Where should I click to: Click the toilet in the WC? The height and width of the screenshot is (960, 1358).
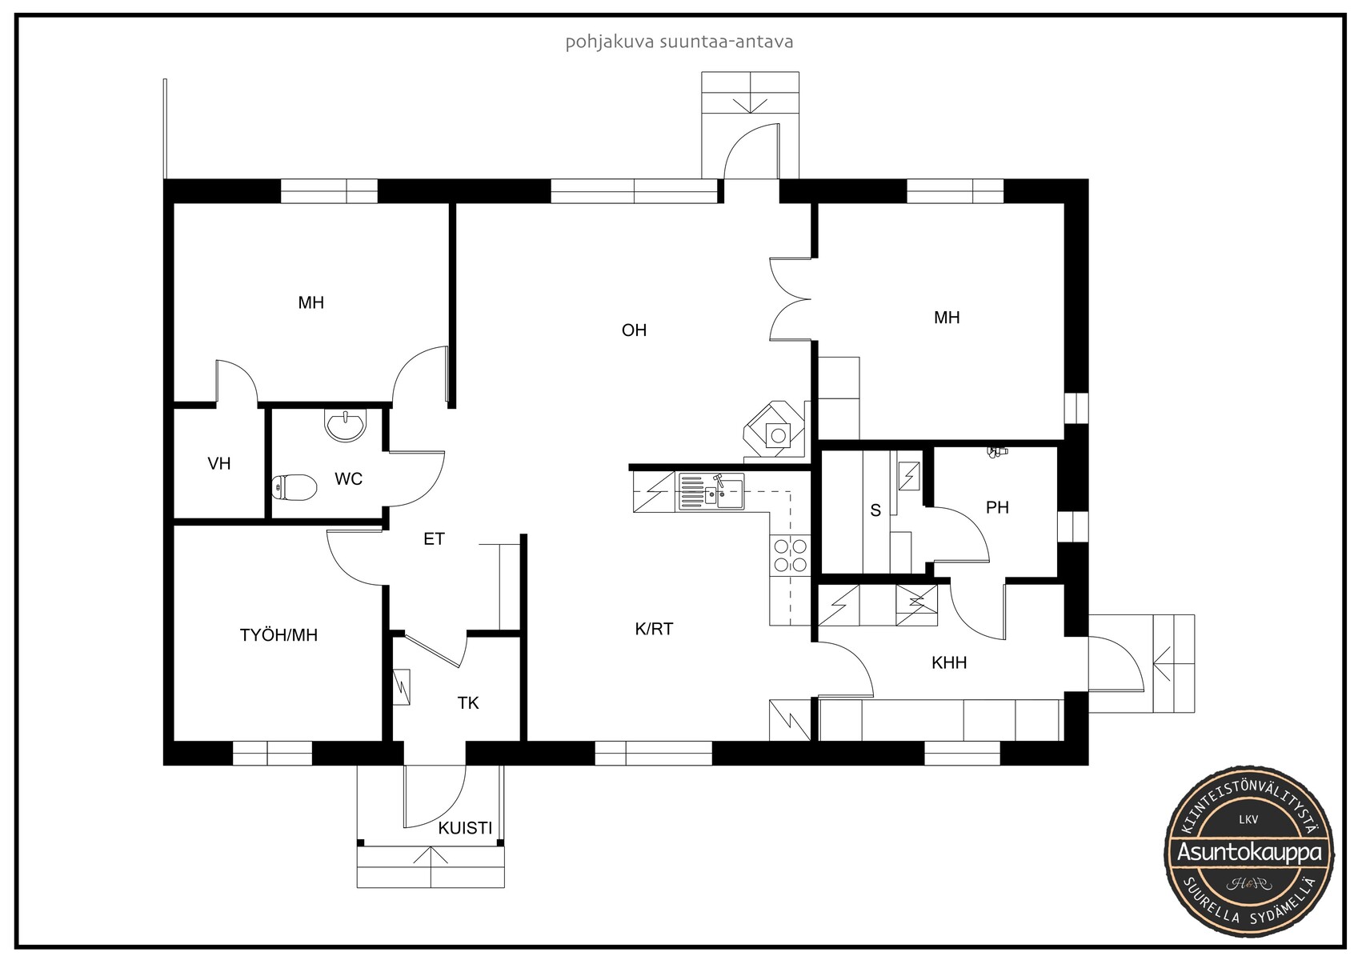pyautogui.click(x=294, y=487)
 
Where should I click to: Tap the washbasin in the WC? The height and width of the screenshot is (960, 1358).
pyautogui.click(x=346, y=425)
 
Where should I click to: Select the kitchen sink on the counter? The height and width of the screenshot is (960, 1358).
pyautogui.click(x=711, y=491)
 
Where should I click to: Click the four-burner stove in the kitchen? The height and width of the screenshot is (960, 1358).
pyautogui.click(x=791, y=555)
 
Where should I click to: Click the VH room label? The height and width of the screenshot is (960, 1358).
pyautogui.click(x=218, y=464)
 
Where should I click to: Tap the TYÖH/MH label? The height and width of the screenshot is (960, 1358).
pyautogui.click(x=278, y=635)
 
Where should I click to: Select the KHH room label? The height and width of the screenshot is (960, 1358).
pyautogui.click(x=949, y=662)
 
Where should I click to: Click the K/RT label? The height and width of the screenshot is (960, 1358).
pyautogui.click(x=654, y=629)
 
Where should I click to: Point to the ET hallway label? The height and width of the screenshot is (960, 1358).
pyautogui.click(x=434, y=538)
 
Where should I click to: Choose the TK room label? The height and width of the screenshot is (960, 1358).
pyautogui.click(x=468, y=703)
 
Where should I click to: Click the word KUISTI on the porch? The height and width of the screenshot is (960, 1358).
pyautogui.click(x=465, y=828)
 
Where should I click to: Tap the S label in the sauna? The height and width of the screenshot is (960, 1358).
pyautogui.click(x=875, y=510)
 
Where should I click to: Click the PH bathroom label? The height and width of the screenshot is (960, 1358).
pyautogui.click(x=997, y=507)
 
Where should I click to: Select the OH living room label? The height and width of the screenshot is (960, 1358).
pyautogui.click(x=634, y=330)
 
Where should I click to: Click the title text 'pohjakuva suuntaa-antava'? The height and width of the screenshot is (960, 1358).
pyautogui.click(x=679, y=42)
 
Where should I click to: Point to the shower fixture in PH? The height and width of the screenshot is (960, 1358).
pyautogui.click(x=996, y=451)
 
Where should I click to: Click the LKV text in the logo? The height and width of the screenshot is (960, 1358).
pyautogui.click(x=1249, y=819)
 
